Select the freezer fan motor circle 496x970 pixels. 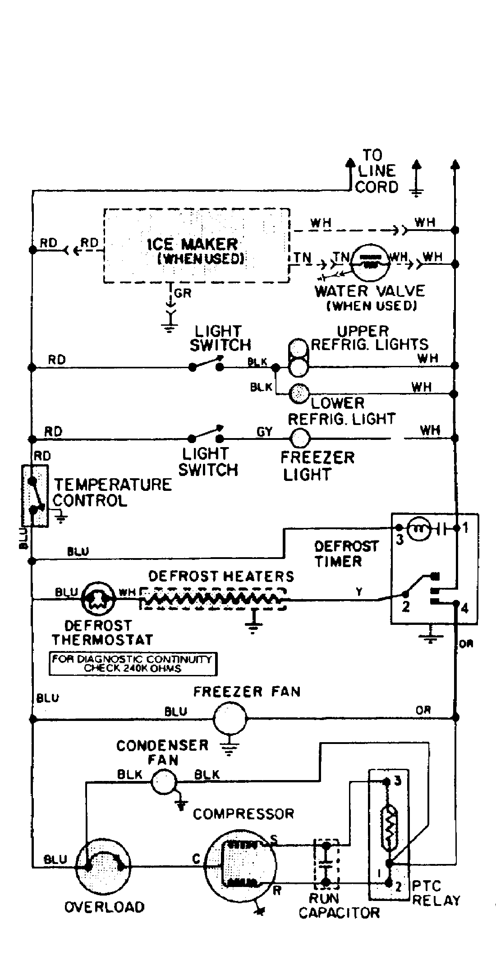[x=230, y=718]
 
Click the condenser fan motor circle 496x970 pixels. [x=164, y=781]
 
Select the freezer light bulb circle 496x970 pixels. [x=300, y=438]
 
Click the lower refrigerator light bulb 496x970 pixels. [x=298, y=394]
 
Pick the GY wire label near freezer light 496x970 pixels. [x=264, y=432]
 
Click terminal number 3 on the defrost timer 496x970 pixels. [x=400, y=540]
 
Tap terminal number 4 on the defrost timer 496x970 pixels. [x=464, y=609]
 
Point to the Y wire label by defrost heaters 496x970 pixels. [x=359, y=591]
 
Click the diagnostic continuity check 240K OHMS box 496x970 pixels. [x=133, y=664]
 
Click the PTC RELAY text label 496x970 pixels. [x=436, y=893]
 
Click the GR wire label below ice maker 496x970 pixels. [x=183, y=294]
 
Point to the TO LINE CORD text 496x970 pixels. [x=376, y=171]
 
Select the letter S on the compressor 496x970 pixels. [x=274, y=839]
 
